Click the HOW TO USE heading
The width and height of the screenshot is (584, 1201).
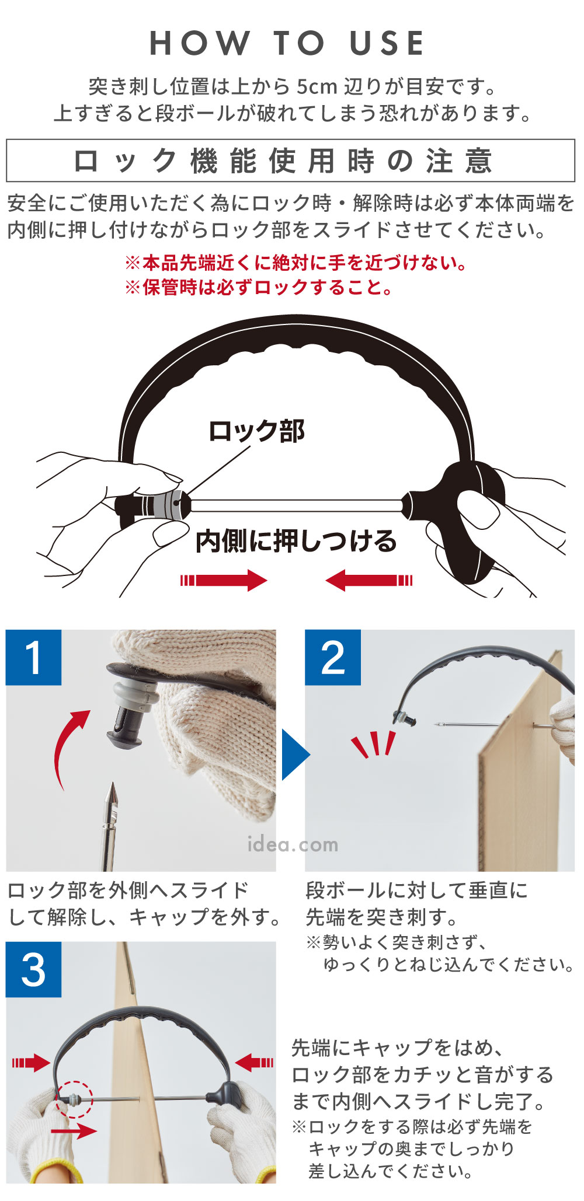pyautogui.click(x=287, y=43)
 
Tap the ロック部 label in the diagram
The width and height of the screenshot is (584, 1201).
pyautogui.click(x=256, y=431)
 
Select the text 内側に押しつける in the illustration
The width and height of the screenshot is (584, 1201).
pyautogui.click(x=296, y=542)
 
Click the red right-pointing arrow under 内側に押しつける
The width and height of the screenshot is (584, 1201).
pyautogui.click(x=224, y=580)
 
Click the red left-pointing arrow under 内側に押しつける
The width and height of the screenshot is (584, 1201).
pyautogui.click(x=369, y=580)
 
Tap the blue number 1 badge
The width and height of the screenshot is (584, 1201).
pyautogui.click(x=33, y=658)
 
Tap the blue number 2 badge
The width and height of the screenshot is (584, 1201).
pyautogui.click(x=332, y=658)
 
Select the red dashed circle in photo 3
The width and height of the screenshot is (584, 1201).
pyautogui.click(x=74, y=1099)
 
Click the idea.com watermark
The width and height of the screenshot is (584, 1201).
pyautogui.click(x=293, y=844)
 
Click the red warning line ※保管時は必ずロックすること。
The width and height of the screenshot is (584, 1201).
pyautogui.click(x=260, y=287)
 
